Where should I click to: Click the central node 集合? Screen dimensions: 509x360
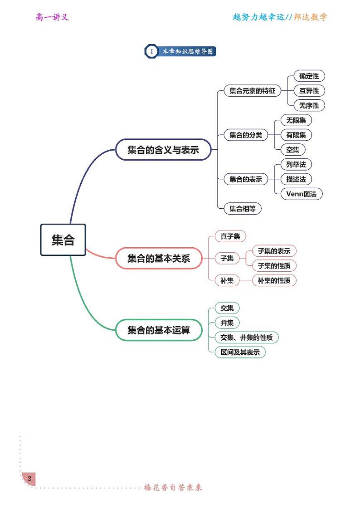pos(63,240)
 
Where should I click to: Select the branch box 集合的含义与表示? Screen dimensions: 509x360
pos(163,150)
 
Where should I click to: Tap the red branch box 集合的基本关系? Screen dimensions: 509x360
pos(158,259)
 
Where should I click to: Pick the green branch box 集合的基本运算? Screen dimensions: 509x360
pos(158,330)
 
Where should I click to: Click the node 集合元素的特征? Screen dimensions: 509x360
pos(252,91)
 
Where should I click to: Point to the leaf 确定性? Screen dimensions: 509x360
pos(309,76)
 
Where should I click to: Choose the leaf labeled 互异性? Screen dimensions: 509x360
pos(309,91)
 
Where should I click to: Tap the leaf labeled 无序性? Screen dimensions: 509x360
pos(309,106)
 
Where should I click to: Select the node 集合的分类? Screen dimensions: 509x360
pos(246,135)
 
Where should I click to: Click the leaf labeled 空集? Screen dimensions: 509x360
pos(293,150)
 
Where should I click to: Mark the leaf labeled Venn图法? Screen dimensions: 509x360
pos(302,194)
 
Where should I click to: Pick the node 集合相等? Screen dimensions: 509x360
pos(243,209)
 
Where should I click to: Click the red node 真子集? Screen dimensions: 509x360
pos(230,236)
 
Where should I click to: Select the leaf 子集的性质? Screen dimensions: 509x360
pos(274,266)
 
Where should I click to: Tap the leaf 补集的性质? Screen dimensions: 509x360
pos(274,280)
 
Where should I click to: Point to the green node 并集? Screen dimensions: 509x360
pos(227,323)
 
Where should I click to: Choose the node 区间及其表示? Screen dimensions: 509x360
pos(240,352)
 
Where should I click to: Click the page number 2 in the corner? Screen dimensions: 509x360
pos(29,479)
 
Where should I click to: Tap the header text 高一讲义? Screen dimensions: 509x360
pos(52,17)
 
